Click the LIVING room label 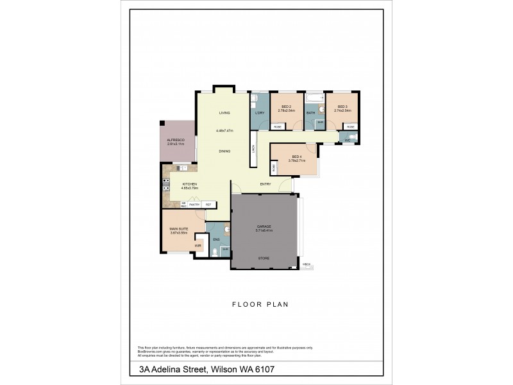pos(224,113)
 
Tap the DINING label pos(224,151)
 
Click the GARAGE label pos(264,226)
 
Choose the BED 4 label pos(296,157)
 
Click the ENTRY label pos(265,184)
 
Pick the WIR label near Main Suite pos(198,244)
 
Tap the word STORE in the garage pos(264,258)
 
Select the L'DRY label pos(260,114)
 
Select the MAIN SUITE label pos(178,230)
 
